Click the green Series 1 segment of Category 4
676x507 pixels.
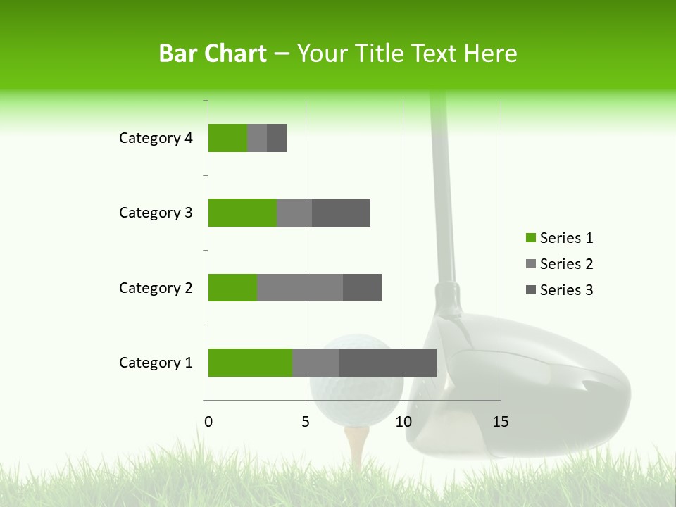coord(227,138)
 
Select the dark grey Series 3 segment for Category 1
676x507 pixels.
coord(387,363)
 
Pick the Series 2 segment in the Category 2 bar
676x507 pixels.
coord(300,287)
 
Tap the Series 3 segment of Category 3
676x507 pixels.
coord(341,213)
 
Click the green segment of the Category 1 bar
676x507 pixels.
coord(250,363)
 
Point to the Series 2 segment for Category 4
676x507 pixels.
coord(257,138)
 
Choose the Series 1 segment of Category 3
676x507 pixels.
coord(242,213)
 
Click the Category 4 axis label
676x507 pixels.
coord(156,138)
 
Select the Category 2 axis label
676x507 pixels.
coord(156,287)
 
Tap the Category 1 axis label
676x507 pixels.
coord(156,363)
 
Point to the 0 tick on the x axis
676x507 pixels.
coord(208,422)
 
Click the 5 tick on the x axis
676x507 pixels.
coord(306,422)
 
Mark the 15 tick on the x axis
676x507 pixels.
coord(500,422)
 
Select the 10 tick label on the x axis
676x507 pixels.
coord(403,422)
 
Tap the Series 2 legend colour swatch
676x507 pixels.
coord(530,264)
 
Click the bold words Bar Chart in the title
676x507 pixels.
coord(213,54)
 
